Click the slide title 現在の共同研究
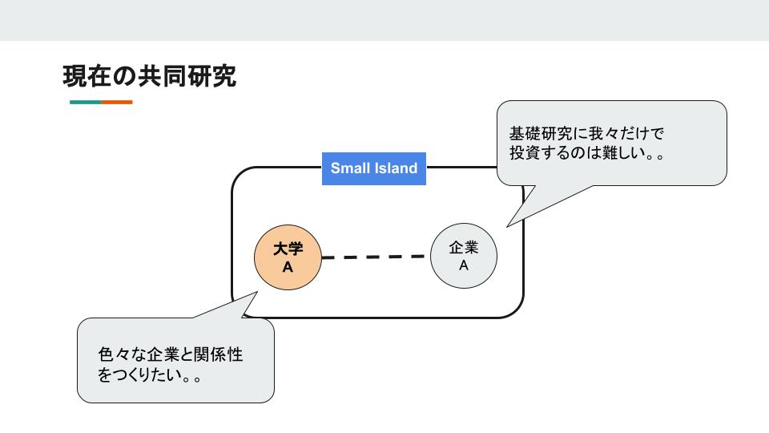click(x=149, y=77)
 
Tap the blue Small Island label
click(x=373, y=168)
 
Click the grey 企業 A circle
click(x=463, y=256)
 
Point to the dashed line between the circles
click(x=373, y=257)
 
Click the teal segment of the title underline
click(x=85, y=102)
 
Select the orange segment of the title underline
click(x=117, y=102)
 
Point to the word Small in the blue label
click(x=350, y=168)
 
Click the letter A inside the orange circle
click(x=288, y=267)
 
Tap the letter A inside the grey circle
click(x=463, y=265)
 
